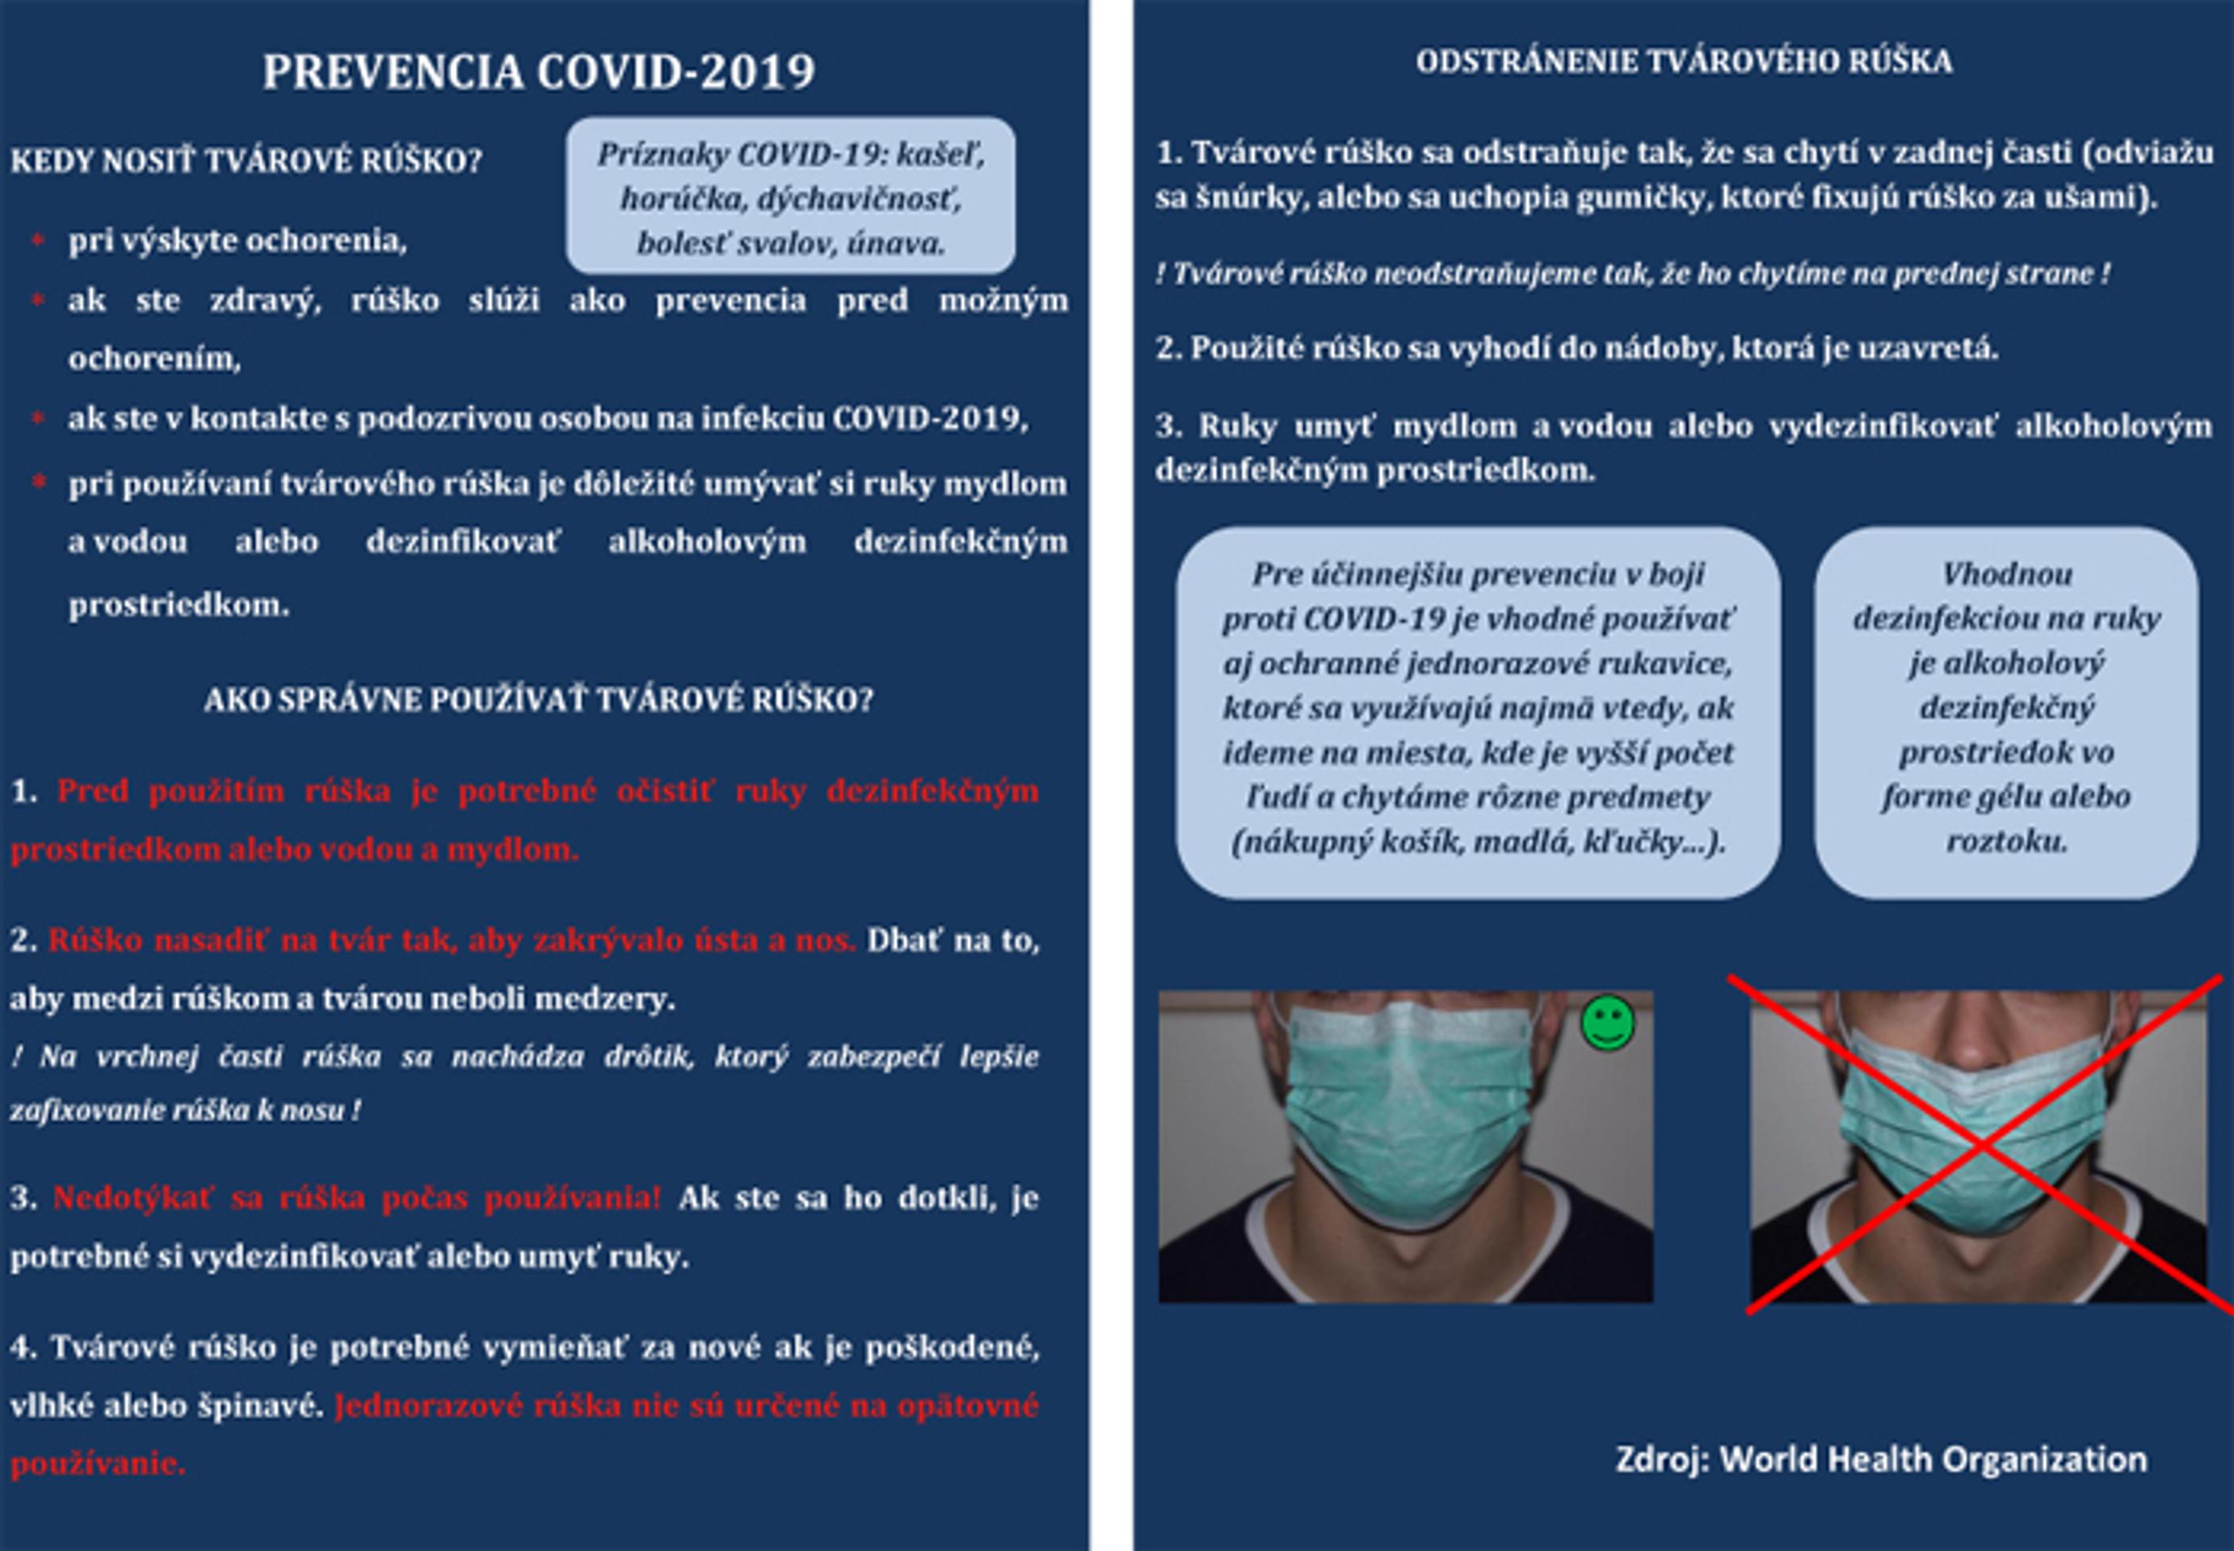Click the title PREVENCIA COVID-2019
[x=538, y=73]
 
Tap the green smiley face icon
[x=1607, y=1023]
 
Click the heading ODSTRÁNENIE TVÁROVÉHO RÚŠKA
[x=1684, y=62]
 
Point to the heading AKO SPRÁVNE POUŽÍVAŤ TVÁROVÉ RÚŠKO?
[x=538, y=700]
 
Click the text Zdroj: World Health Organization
[x=1881, y=1459]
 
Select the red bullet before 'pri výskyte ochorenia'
[x=38, y=240]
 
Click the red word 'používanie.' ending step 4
[x=98, y=1464]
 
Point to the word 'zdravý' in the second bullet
[x=264, y=301]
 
